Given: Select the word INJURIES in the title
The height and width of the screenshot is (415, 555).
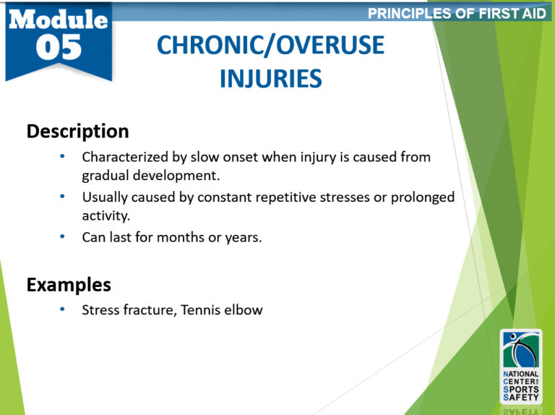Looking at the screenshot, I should click(270, 77).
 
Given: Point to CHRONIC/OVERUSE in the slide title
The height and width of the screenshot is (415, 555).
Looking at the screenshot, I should click(270, 47).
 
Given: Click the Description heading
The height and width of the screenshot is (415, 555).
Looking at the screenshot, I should click(77, 132).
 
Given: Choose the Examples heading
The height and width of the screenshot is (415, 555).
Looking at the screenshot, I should click(69, 284).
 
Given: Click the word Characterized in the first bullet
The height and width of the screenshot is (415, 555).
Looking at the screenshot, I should click(122, 157).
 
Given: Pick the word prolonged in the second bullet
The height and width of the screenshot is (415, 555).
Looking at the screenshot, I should click(421, 197).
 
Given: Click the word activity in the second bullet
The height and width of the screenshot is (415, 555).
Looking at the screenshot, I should click(105, 215).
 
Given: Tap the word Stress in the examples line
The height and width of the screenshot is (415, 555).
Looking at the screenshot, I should click(100, 310).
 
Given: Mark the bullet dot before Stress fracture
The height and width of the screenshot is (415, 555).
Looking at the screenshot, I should click(64, 309).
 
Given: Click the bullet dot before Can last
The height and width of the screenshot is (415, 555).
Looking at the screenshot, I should click(64, 236).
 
